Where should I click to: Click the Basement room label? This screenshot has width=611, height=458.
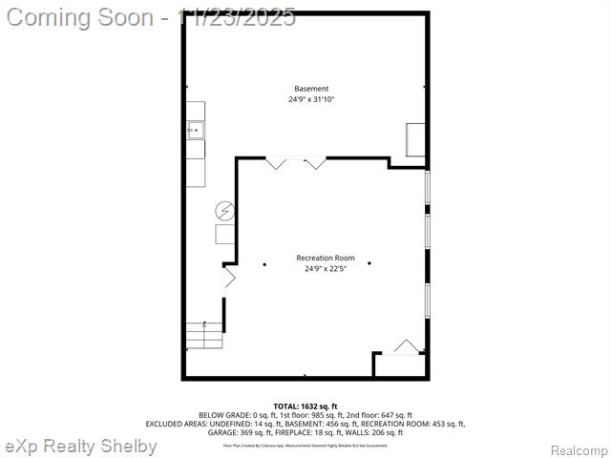pyautogui.click(x=311, y=89)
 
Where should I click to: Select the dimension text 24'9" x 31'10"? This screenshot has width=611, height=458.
pyautogui.click(x=311, y=99)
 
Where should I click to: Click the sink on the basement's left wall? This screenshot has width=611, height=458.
pyautogui.click(x=195, y=130)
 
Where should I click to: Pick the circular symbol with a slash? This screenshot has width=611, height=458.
pyautogui.click(x=224, y=209)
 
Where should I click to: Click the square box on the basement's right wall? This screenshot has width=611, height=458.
pyautogui.click(x=415, y=139)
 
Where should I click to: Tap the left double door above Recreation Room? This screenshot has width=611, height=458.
pyautogui.click(x=277, y=163)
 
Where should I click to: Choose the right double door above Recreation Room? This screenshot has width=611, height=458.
pyautogui.click(x=315, y=163)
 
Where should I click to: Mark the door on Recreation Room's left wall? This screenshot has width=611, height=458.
pyautogui.click(x=229, y=278)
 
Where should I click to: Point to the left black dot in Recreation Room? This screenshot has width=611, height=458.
pyautogui.click(x=264, y=263)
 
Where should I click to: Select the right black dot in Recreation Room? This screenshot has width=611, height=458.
pyautogui.click(x=369, y=263)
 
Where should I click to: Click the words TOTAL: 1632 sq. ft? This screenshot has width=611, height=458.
pyautogui.click(x=305, y=406)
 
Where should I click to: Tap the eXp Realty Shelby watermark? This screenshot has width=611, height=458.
pyautogui.click(x=81, y=447)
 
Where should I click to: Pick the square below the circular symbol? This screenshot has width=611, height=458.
pyautogui.click(x=224, y=234)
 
